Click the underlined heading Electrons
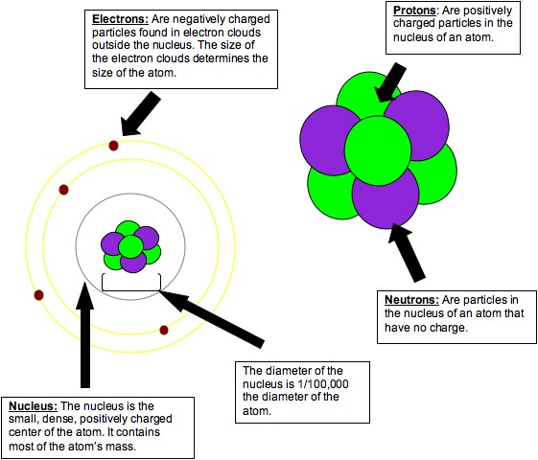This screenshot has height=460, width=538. click(x=120, y=19)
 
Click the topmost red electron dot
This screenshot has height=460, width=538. click(x=113, y=145)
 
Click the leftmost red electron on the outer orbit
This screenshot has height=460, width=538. click(x=38, y=294)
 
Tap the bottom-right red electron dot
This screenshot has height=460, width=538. click(x=164, y=330)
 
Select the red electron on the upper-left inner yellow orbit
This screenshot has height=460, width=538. click(x=63, y=190)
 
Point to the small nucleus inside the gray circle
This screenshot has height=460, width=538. click(x=129, y=246)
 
